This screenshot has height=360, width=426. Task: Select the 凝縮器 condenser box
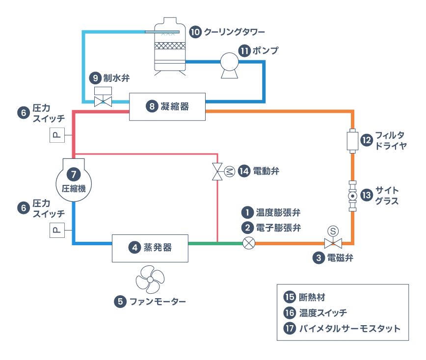click(167, 106)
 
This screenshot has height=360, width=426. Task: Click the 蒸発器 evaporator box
click(150, 248)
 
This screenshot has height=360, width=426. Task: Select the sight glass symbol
click(352, 196)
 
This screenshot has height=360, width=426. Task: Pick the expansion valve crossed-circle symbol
click(249, 243)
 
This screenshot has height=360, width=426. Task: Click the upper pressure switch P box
click(57, 135)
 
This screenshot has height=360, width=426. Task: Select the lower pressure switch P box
click(57, 230)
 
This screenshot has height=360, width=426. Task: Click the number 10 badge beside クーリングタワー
click(195, 32)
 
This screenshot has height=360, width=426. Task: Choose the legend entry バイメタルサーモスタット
click(349, 328)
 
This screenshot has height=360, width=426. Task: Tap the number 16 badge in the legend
click(289, 312)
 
